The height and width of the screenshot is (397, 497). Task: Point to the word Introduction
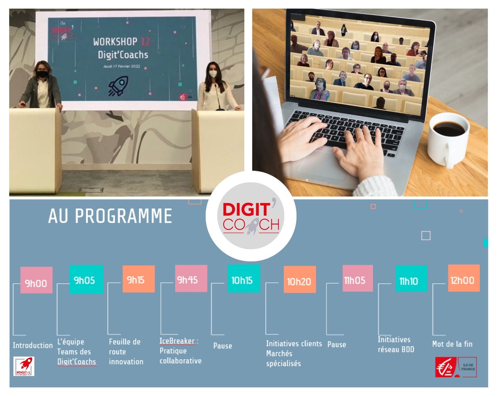point(32,345)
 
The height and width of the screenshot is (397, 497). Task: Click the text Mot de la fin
point(452,344)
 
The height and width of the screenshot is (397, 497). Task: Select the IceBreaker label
point(177,342)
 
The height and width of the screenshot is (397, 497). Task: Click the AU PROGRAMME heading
point(110,216)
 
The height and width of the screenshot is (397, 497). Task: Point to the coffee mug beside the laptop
point(448,139)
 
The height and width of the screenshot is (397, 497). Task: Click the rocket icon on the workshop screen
point(118,86)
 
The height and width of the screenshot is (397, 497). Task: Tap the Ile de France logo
point(456,367)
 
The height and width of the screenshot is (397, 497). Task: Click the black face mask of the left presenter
point(43,74)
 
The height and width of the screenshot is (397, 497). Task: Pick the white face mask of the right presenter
point(212,74)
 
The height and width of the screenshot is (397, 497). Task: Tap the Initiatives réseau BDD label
point(396,344)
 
